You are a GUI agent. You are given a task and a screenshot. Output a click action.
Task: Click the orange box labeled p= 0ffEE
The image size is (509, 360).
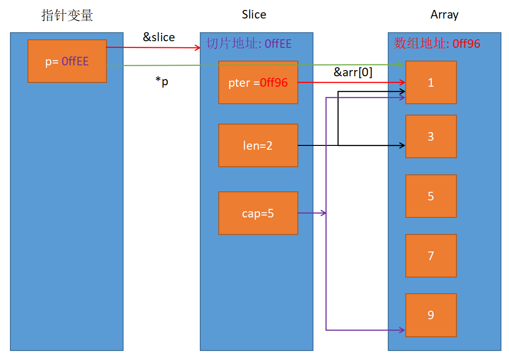pyautogui.click(x=67, y=61)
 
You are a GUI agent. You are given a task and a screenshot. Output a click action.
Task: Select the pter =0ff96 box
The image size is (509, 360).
pyautogui.click(x=258, y=82)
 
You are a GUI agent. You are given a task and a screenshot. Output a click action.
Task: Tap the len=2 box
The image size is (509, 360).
pyautogui.click(x=258, y=145)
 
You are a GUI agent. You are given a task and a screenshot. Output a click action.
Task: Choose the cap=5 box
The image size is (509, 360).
pyautogui.click(x=258, y=213)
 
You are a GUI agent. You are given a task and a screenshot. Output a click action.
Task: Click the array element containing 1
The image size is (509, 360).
pyautogui.click(x=431, y=82)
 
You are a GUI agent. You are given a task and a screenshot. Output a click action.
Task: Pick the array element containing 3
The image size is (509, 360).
pyautogui.click(x=431, y=136)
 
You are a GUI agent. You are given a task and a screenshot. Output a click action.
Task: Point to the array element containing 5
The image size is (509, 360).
pyautogui.click(x=431, y=196)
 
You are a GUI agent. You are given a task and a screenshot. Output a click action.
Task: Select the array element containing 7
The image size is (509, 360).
pyautogui.click(x=431, y=256)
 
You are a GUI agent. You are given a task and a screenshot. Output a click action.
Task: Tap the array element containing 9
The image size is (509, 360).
pyautogui.click(x=431, y=315)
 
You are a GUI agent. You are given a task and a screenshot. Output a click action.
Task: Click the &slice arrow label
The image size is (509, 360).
pyautogui.click(x=159, y=37)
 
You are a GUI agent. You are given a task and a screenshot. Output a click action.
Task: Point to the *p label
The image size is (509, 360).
pyautogui.click(x=162, y=81)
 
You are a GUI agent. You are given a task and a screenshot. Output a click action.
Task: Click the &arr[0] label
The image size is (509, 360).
pyautogui.click(x=353, y=72)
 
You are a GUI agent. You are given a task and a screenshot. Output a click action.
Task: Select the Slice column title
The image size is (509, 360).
pyautogui.click(x=254, y=15)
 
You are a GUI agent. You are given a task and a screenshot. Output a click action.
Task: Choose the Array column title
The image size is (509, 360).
pyautogui.click(x=444, y=15)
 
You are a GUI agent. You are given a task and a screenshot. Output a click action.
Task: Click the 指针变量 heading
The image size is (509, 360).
pyautogui.click(x=67, y=15)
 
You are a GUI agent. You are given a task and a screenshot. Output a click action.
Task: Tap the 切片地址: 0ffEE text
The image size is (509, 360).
pyautogui.click(x=249, y=44)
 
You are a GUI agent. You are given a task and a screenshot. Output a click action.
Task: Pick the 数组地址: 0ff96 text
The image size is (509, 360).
pyautogui.click(x=437, y=44)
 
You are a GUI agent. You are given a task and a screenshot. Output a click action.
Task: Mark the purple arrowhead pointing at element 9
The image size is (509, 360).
pyautogui.click(x=402, y=330)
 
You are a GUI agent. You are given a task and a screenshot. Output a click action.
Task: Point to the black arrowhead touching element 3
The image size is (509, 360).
pyautogui.click(x=402, y=145)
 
